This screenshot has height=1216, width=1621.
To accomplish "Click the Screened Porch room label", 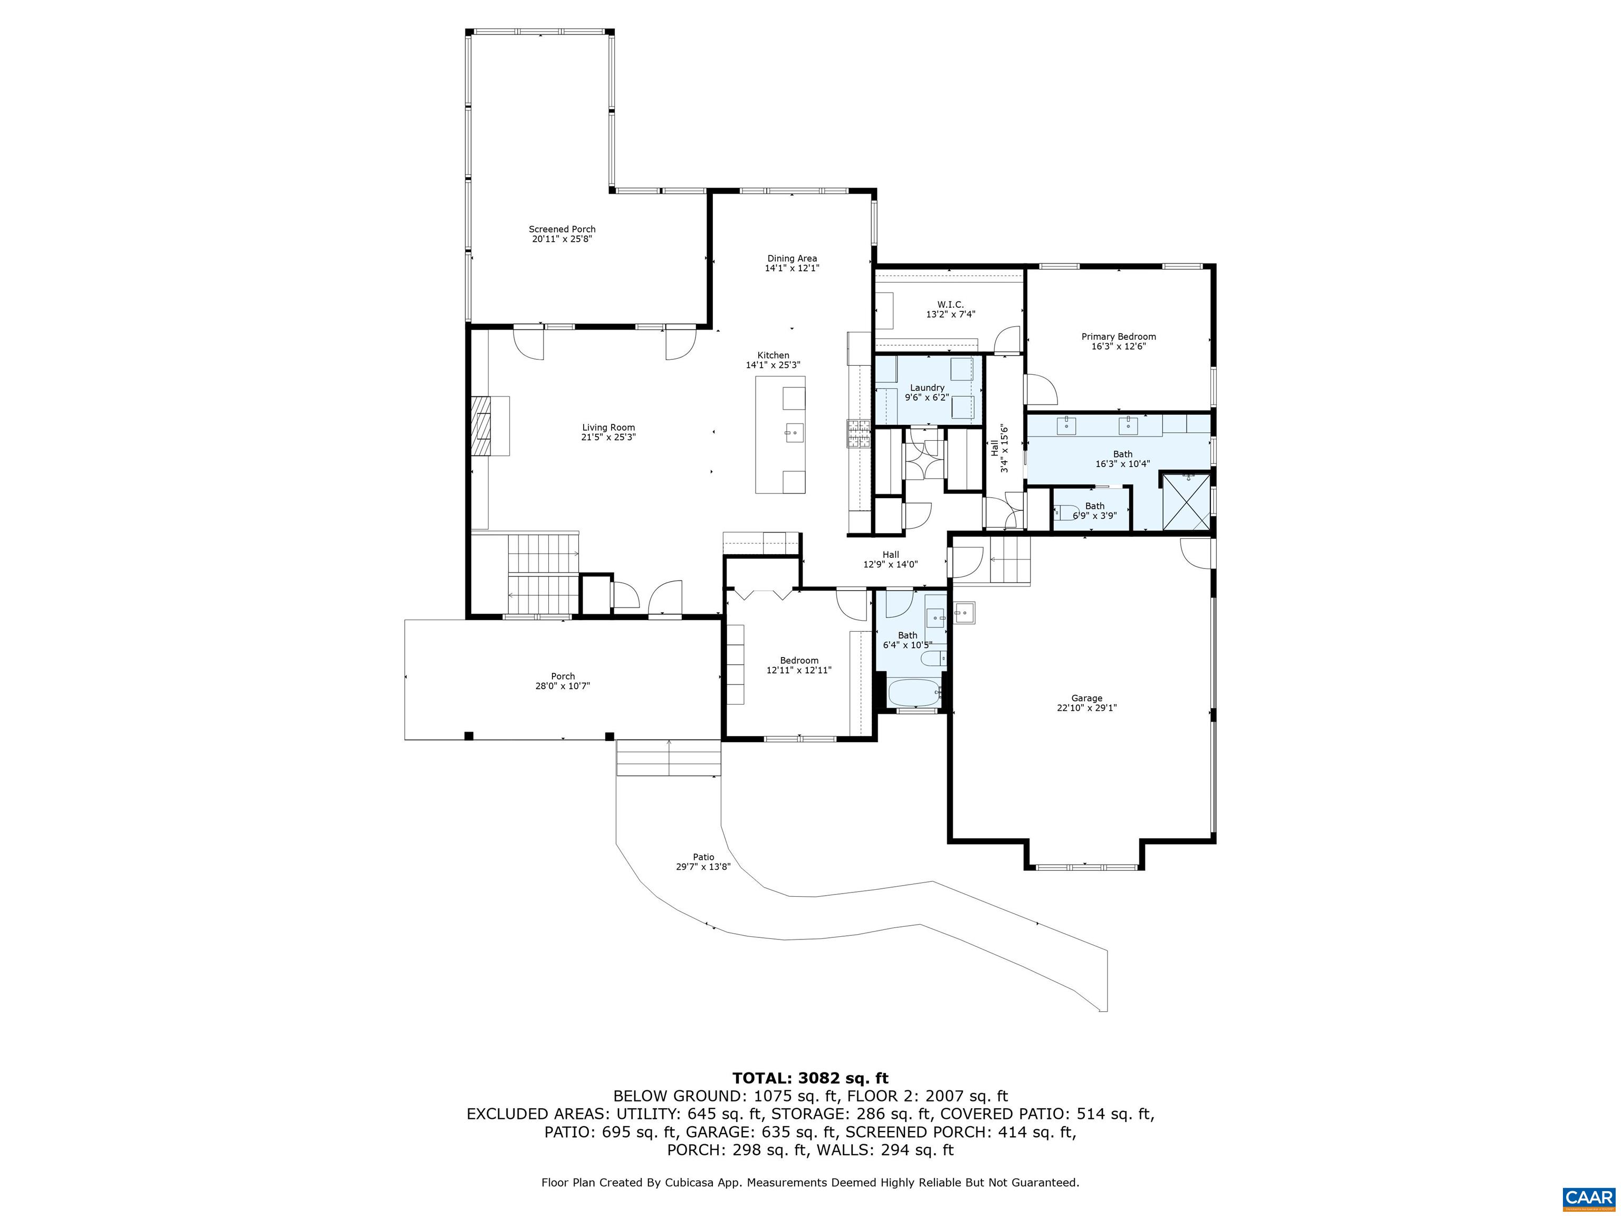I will [x=561, y=230].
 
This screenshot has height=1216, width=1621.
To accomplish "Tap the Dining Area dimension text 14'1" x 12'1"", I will [x=792, y=268].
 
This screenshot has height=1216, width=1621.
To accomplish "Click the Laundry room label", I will [x=927, y=388].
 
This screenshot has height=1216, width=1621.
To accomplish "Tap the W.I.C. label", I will [x=950, y=304].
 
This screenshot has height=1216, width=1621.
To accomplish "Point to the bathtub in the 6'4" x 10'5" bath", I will [x=913, y=692].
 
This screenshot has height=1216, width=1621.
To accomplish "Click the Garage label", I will [x=1086, y=699].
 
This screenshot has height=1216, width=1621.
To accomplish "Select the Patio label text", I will [x=703, y=857].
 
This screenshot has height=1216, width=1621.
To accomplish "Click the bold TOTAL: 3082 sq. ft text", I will [x=810, y=1078].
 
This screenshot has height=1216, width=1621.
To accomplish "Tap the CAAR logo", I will [x=1588, y=1197].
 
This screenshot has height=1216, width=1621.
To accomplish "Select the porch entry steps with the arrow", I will [x=669, y=757].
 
